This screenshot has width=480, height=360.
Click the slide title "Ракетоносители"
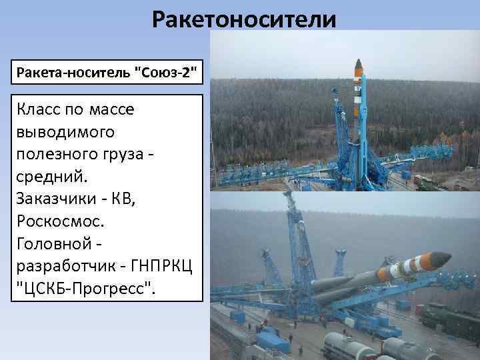(x=243, y=19)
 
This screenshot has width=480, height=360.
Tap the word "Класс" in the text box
(x=39, y=109)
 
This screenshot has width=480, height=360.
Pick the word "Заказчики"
(x=57, y=199)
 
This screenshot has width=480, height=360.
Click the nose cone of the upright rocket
(x=359, y=67)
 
